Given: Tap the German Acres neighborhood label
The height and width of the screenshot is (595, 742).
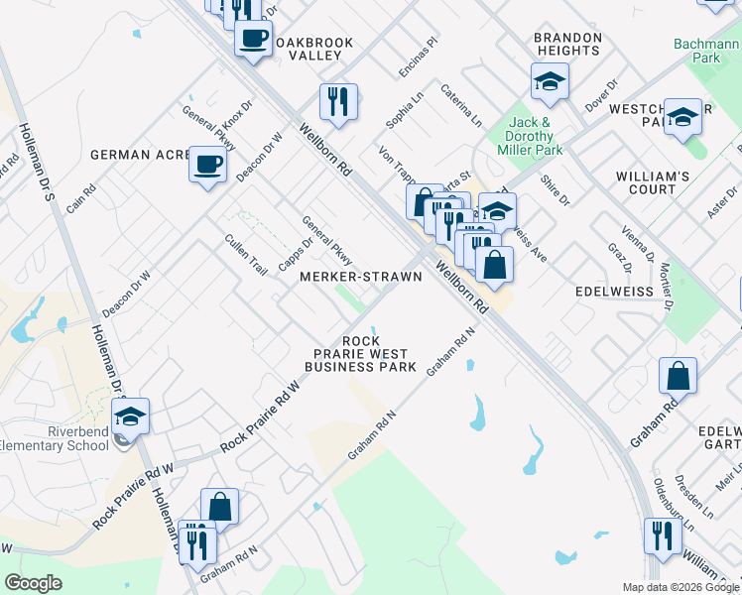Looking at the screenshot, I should coord(140,155).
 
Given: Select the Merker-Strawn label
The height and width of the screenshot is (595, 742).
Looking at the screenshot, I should coord(361,277).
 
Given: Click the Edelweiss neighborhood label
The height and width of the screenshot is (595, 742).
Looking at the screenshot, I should coord(614,293).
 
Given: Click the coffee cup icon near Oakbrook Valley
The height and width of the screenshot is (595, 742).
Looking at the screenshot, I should coord(253,39).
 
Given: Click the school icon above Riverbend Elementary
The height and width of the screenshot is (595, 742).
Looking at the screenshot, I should coord(130,416).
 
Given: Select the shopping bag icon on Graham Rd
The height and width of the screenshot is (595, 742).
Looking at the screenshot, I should coord(679,376).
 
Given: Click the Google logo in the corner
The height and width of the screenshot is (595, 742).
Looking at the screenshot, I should coord(34,583).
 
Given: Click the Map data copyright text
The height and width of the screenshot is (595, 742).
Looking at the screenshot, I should coord(680,587).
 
